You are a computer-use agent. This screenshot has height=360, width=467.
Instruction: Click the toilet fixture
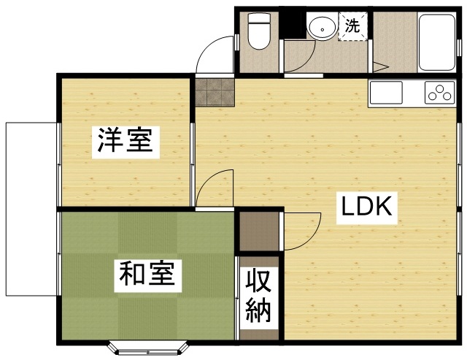(259, 31)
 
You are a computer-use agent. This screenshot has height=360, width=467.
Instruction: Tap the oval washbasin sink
(323, 27)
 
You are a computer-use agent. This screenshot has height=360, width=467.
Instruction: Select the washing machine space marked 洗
(352, 26)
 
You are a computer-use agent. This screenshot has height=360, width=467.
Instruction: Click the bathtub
(437, 42)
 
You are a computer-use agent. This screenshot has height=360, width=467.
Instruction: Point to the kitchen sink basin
(386, 93)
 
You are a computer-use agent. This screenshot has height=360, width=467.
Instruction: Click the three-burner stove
(440, 93)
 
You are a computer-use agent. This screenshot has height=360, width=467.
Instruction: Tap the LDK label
(366, 207)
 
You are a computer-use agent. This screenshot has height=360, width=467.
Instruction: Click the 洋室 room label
(126, 142)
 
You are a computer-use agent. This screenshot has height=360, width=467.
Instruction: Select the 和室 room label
(147, 275)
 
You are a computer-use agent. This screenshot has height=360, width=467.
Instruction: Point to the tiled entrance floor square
(215, 92)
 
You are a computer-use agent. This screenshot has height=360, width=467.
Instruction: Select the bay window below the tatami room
(148, 348)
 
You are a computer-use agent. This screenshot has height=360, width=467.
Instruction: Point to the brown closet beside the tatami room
(259, 231)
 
